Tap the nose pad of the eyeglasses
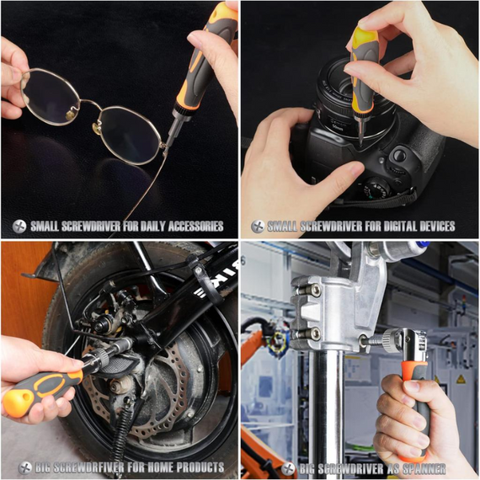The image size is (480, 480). (x=99, y=129)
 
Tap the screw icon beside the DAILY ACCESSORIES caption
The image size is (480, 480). (x=19, y=226)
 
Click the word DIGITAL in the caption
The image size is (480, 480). (x=387, y=226)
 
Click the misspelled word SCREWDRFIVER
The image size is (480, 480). (x=83, y=467)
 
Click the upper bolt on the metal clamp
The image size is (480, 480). (x=313, y=291)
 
